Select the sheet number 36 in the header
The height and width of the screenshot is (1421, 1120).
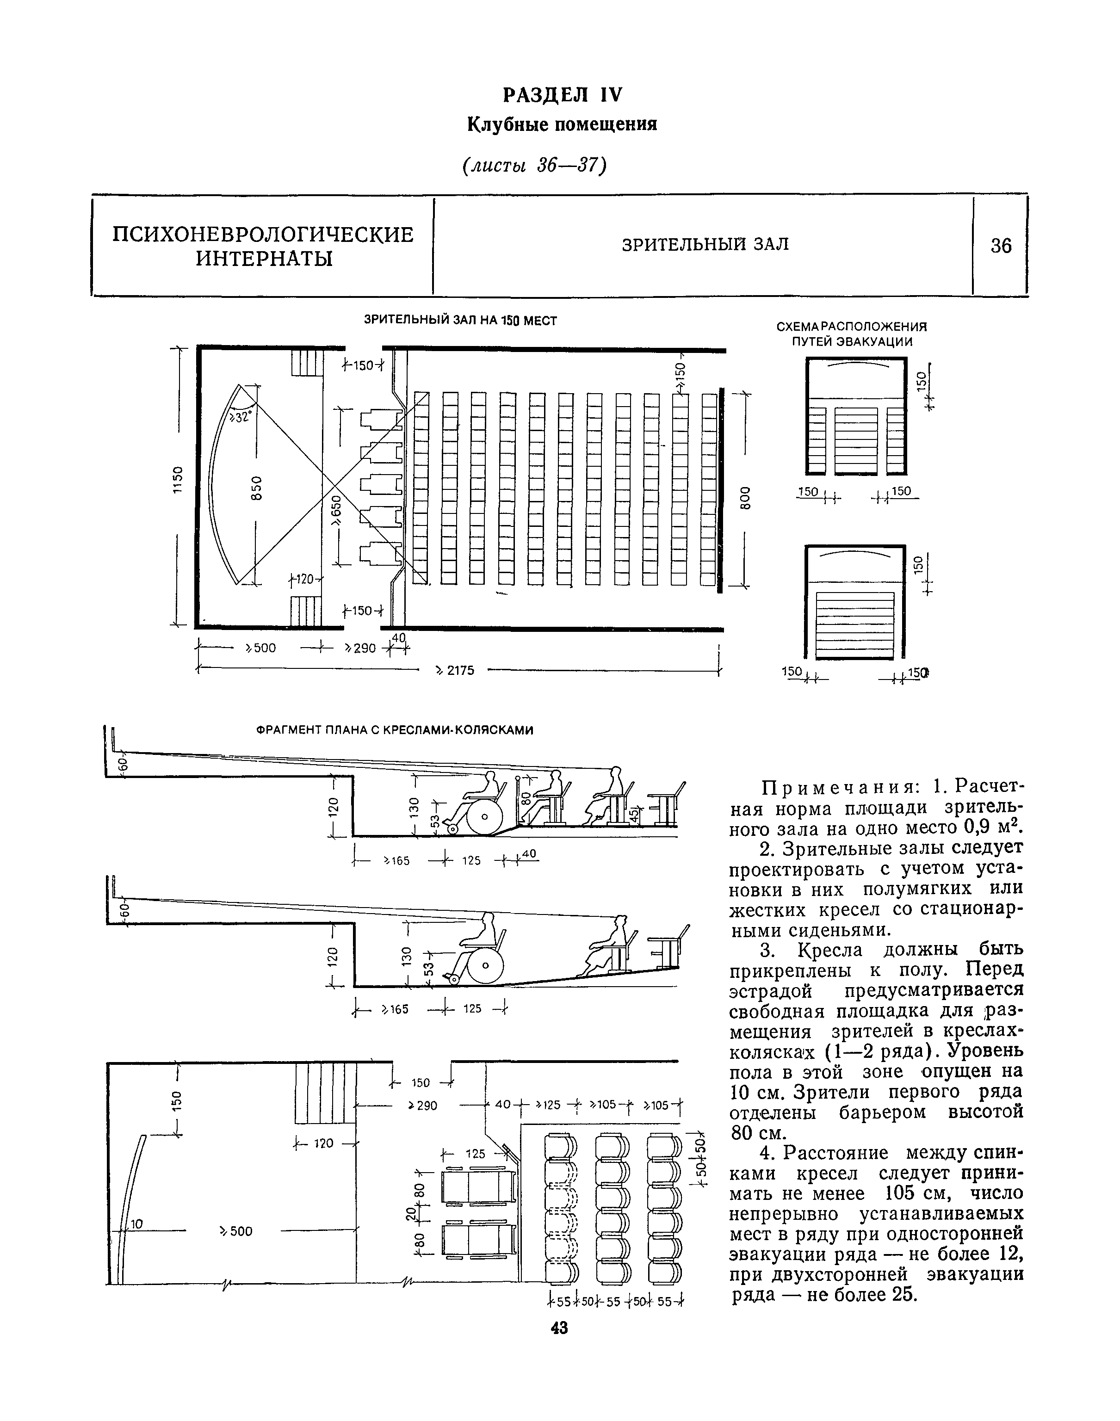point(1001,246)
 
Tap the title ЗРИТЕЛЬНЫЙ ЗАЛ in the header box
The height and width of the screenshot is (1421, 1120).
point(705,245)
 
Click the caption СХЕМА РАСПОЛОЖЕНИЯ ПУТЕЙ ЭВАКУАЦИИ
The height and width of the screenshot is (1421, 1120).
point(852,334)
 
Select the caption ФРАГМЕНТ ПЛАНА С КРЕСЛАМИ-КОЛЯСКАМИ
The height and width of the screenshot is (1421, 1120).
point(394,730)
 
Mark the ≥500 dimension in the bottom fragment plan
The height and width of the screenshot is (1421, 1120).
point(237,1231)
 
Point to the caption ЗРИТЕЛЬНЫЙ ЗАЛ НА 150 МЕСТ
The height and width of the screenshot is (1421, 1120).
point(460,320)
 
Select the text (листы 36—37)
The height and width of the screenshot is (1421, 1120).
point(534,166)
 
